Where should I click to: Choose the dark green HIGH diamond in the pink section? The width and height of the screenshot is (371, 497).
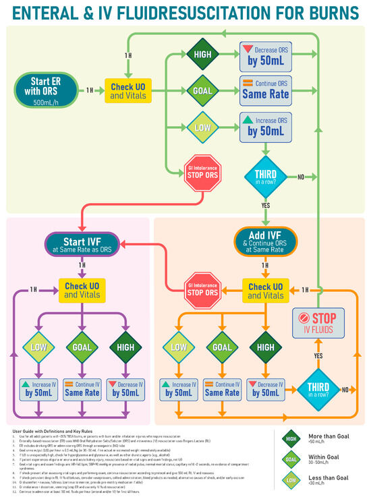tap(125, 347)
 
